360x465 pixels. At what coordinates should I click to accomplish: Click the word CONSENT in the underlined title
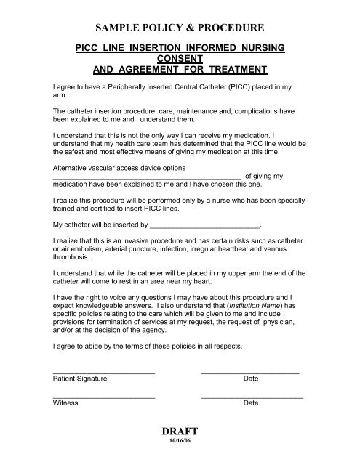coord(180,58)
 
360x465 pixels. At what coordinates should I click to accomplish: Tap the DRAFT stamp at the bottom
coord(179,432)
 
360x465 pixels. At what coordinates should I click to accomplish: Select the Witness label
coord(65,403)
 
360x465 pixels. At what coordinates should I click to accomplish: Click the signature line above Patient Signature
coord(104,372)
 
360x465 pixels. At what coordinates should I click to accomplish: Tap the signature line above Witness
coord(104,395)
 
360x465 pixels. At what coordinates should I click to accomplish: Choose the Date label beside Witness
coord(251,403)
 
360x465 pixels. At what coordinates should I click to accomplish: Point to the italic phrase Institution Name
coord(243,308)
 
